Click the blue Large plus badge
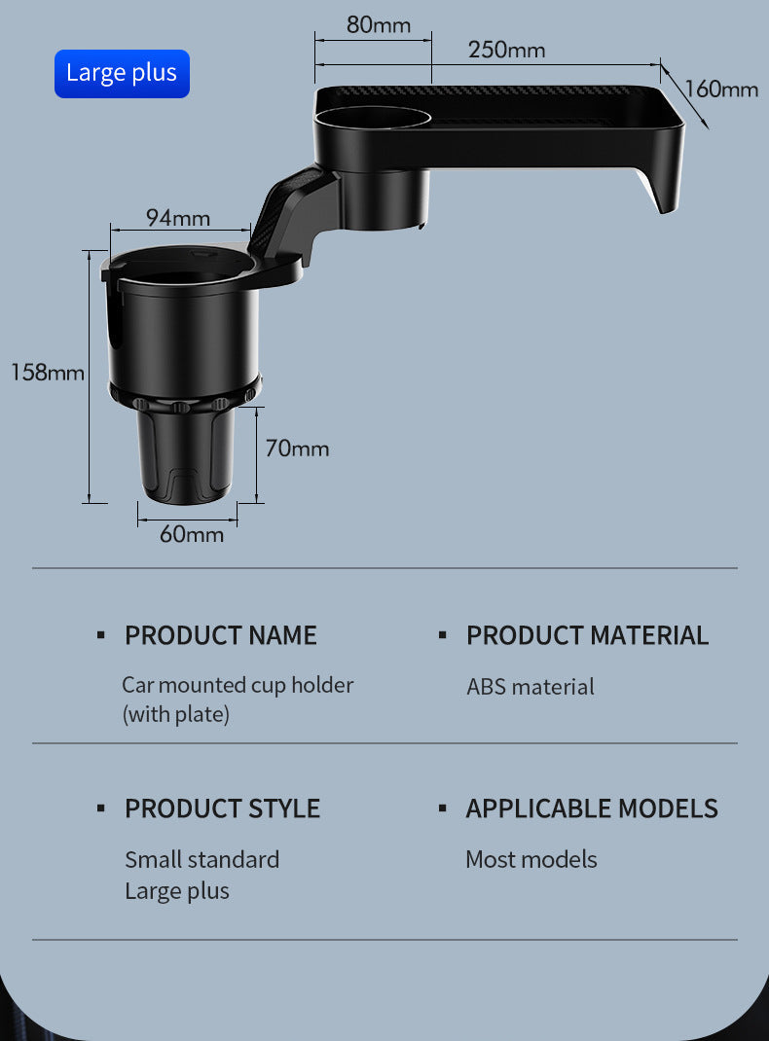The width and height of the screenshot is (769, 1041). [x=122, y=74]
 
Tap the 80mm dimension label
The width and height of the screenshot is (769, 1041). [x=379, y=24]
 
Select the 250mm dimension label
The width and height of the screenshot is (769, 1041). [x=506, y=49]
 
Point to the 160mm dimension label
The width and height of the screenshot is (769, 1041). [x=721, y=90]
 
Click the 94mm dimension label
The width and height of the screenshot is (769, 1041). [x=178, y=217]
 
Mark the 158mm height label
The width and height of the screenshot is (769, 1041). [x=48, y=372]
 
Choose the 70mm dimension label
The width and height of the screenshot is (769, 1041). [x=297, y=449]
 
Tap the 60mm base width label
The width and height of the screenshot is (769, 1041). [x=192, y=534]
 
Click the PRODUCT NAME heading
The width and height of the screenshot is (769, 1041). [x=221, y=635]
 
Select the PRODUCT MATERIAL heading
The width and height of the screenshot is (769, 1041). [x=587, y=635]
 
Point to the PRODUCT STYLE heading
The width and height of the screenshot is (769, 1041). [x=222, y=808]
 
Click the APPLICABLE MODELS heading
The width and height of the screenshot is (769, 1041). [x=592, y=808]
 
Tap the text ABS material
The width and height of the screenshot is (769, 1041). [x=531, y=687]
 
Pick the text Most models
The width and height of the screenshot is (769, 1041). [x=531, y=859]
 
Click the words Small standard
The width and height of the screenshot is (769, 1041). [x=201, y=859]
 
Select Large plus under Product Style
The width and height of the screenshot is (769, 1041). [x=177, y=890]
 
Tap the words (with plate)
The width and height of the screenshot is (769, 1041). [x=176, y=714]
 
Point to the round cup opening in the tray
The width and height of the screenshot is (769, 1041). [x=373, y=119]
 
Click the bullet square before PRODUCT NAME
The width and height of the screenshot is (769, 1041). [x=100, y=635]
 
